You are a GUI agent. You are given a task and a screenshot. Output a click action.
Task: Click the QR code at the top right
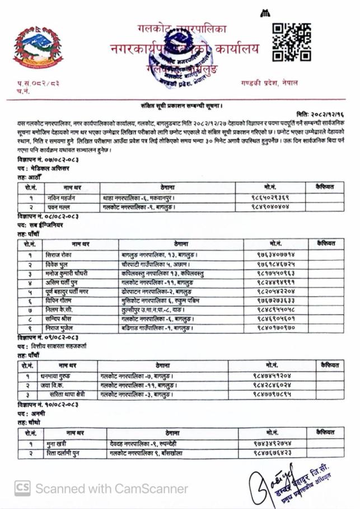coord(291,42)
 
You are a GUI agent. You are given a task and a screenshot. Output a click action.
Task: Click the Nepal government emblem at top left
coord(38,49)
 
